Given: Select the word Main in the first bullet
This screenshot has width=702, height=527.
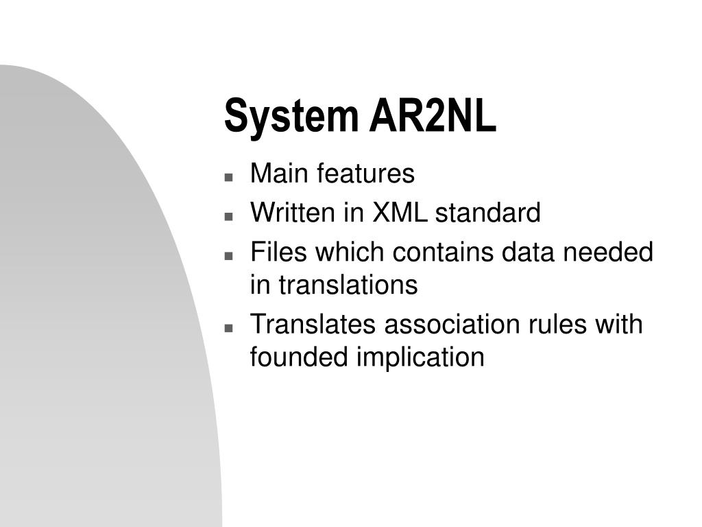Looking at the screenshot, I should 278,174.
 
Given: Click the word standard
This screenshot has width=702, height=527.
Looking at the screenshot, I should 488,213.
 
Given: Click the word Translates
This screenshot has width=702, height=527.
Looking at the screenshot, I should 313,325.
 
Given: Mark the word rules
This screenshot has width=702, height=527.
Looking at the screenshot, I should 556,325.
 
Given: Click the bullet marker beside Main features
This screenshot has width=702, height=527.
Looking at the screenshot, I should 228,176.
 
